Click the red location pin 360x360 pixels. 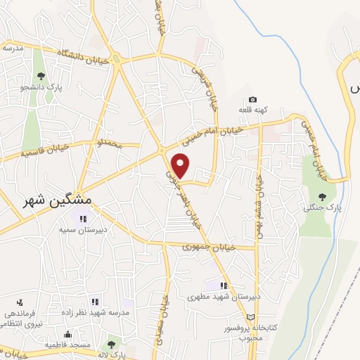pos(181,165)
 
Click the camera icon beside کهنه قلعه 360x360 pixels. pos(252,99)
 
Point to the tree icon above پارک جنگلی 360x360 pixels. pos(322,196)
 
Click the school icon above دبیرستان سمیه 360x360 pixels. pos(83,219)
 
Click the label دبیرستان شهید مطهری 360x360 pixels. pos(224,297)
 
